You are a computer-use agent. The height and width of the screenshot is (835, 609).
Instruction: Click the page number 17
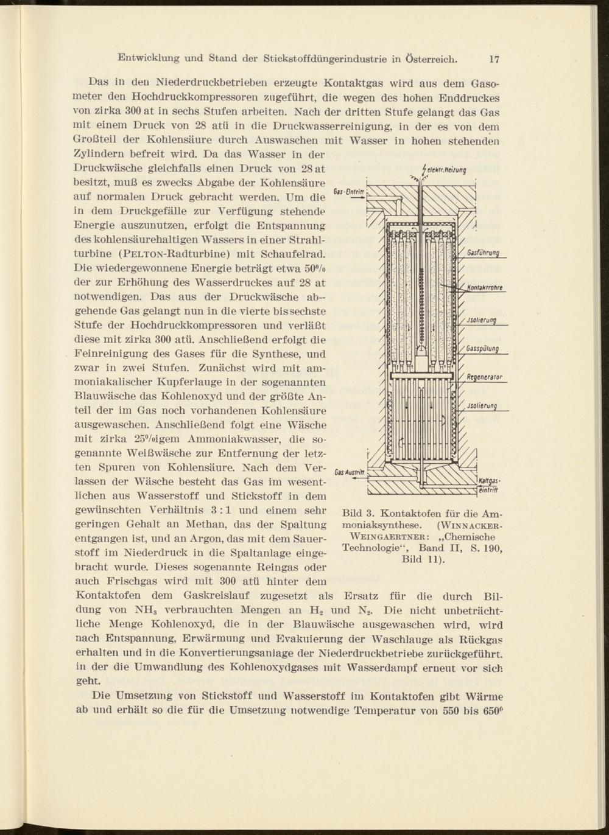click(x=493, y=60)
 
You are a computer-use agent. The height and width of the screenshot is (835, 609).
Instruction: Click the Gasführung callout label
click(x=484, y=254)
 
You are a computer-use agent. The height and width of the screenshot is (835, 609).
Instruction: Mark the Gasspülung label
click(x=483, y=349)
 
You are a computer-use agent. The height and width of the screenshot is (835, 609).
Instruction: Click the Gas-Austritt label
click(x=350, y=472)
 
